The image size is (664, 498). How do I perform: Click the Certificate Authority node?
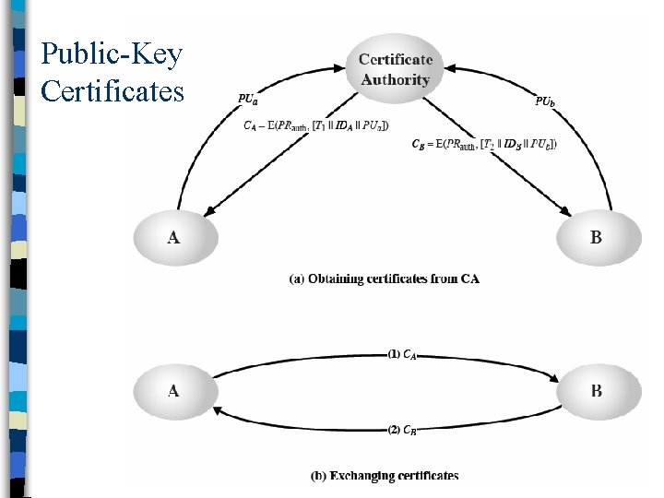[x=395, y=68]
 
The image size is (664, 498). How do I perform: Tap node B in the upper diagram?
[x=596, y=238]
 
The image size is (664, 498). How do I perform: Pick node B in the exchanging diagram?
[x=596, y=390]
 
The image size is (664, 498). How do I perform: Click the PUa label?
[x=248, y=99]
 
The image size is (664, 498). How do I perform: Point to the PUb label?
[x=546, y=101]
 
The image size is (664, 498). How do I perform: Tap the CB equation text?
[x=483, y=143]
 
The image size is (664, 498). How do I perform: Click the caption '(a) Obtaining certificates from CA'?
[x=385, y=279]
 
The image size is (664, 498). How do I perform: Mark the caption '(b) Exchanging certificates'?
[x=385, y=476]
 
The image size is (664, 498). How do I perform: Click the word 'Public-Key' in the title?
[x=112, y=53]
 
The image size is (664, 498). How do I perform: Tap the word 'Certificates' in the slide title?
[x=113, y=90]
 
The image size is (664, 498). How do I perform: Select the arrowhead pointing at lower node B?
[x=555, y=378]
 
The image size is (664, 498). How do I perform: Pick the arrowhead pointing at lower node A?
[x=218, y=407]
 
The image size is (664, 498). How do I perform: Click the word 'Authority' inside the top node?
[x=395, y=79]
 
